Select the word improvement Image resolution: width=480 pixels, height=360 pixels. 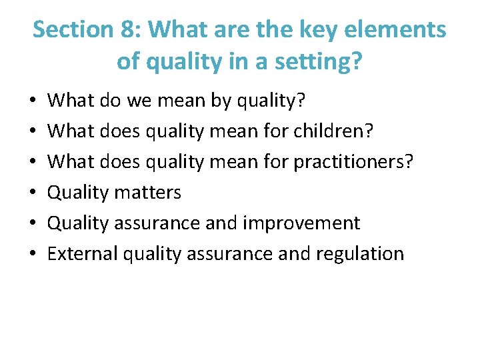click(x=302, y=223)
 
